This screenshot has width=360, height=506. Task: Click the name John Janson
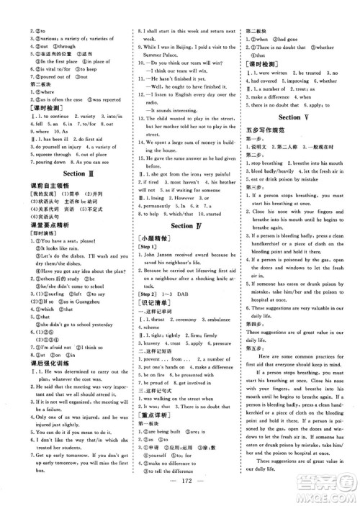point(163,257)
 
